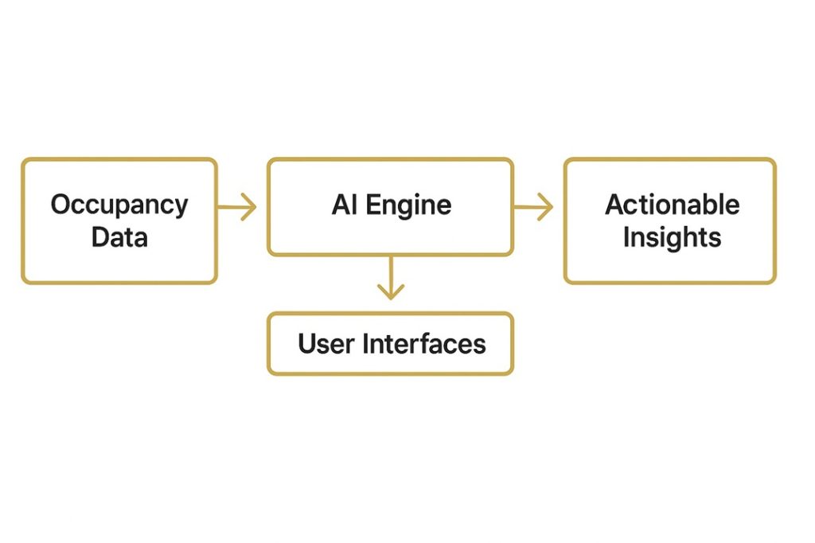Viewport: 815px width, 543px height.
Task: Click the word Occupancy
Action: point(119,205)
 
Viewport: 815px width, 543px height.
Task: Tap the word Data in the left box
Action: point(119,237)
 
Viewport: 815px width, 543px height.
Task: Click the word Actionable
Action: point(672,205)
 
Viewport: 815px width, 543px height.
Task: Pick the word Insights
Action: point(672,237)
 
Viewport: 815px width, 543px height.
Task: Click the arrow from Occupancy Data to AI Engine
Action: point(237,208)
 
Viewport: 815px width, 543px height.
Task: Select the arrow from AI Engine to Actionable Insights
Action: point(533,208)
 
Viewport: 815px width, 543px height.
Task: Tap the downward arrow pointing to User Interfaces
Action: point(389,278)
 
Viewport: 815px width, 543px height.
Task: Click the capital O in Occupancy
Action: point(61,205)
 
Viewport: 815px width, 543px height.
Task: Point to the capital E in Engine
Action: point(372,205)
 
